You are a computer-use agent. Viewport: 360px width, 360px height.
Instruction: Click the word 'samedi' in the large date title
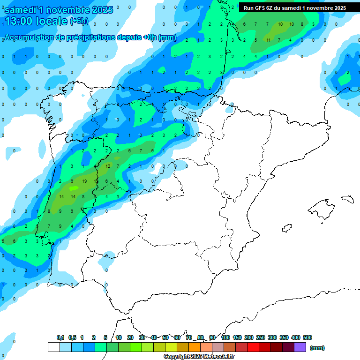(24, 10)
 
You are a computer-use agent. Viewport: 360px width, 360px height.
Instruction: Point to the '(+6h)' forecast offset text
(81, 22)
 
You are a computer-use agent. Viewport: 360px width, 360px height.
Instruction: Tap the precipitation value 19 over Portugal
(84, 181)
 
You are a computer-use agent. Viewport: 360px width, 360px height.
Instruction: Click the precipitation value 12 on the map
(108, 166)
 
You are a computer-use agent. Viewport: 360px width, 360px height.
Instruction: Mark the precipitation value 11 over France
(268, 40)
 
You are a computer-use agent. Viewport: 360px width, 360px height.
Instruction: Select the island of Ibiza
(286, 228)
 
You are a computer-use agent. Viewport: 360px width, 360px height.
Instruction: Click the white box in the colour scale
(54, 347)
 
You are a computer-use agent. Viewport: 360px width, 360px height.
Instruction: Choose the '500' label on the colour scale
(307, 337)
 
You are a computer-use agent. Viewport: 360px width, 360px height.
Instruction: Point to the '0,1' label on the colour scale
(60, 337)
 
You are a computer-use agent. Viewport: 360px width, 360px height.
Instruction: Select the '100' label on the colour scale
(225, 337)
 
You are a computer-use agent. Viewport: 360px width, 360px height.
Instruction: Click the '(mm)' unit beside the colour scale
(317, 348)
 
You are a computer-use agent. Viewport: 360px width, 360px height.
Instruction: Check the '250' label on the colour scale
(261, 337)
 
